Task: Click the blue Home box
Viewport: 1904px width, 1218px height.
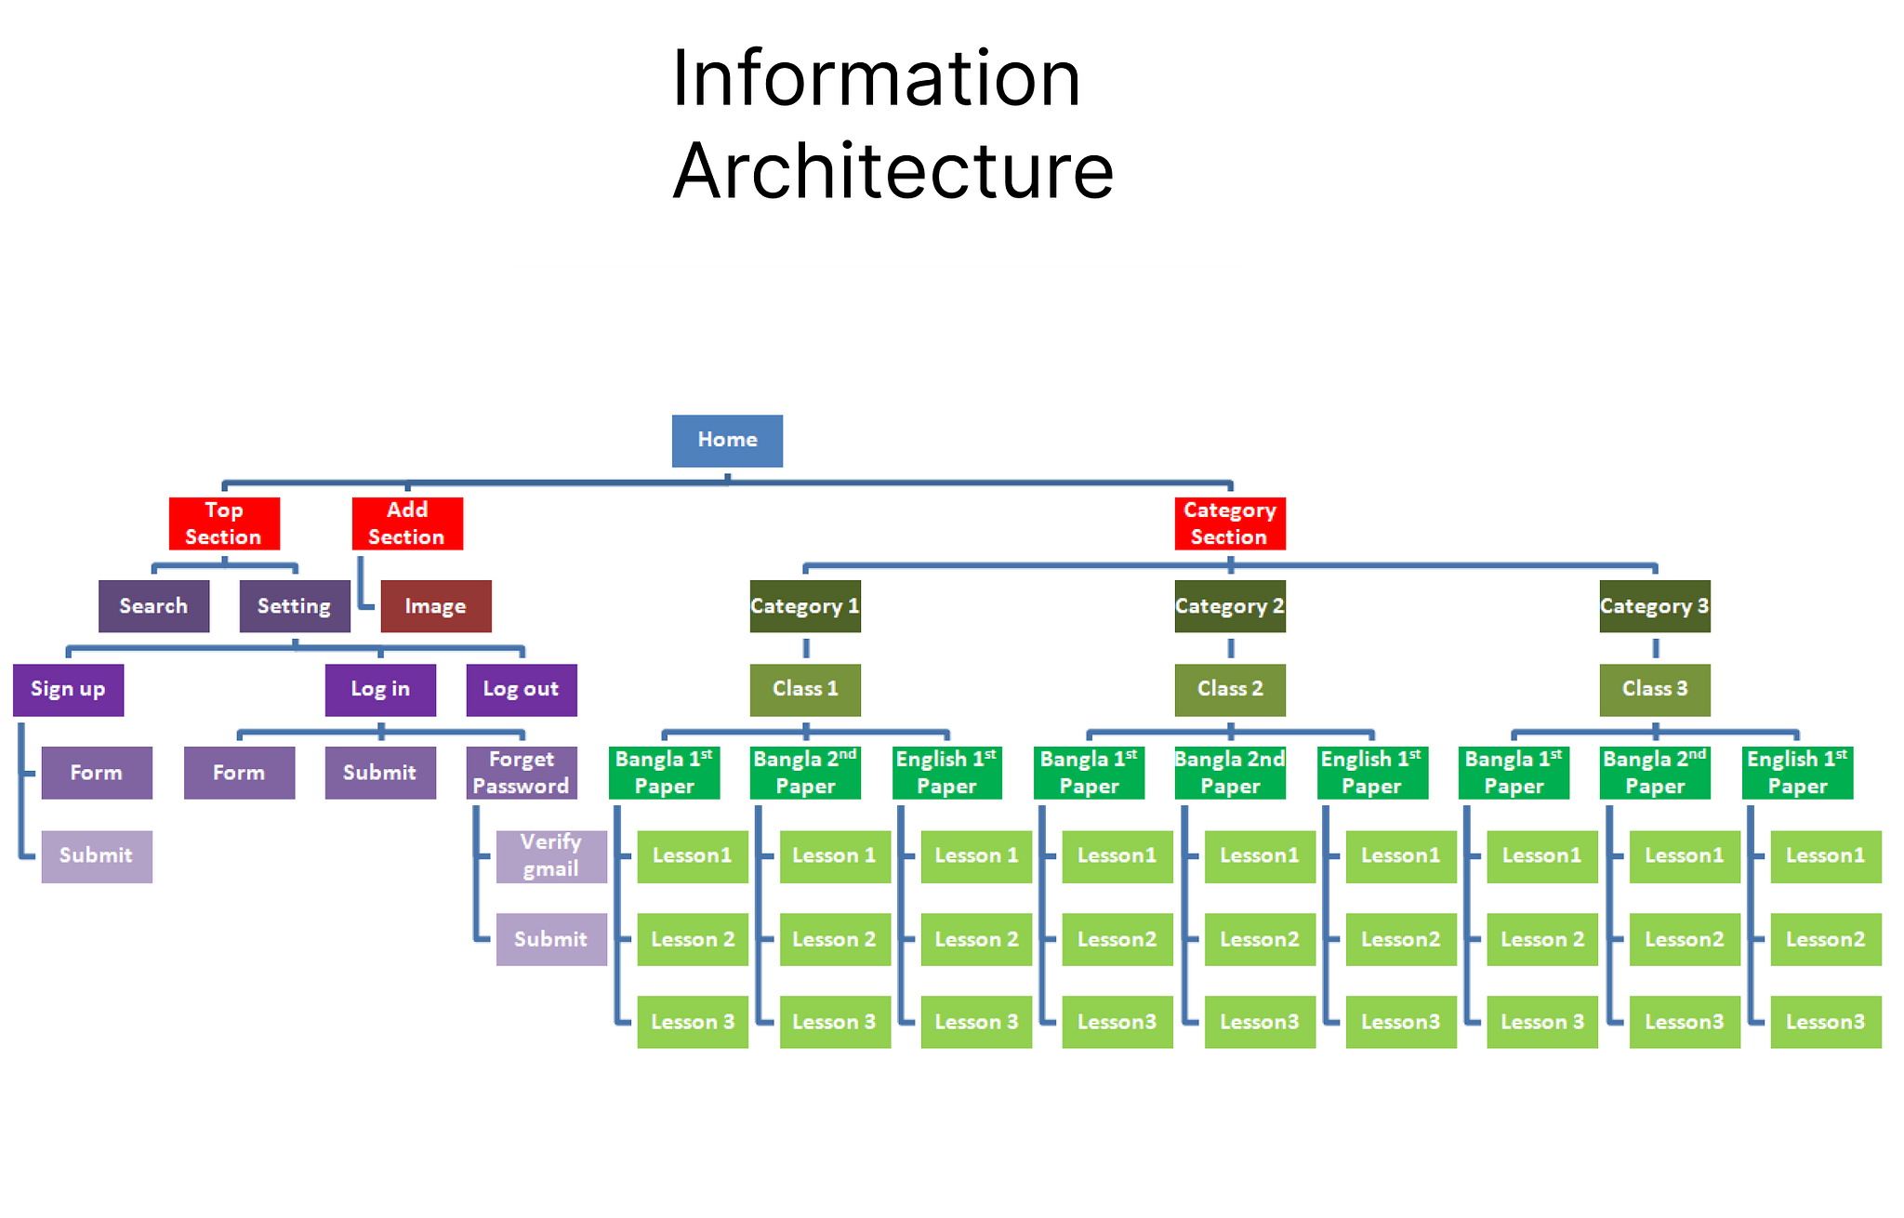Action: (x=727, y=441)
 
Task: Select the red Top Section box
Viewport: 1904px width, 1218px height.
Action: (x=224, y=523)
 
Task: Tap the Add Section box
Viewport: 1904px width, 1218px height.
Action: (x=407, y=523)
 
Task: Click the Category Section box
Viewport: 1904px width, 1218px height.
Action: (x=1229, y=523)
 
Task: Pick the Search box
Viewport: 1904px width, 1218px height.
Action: (x=153, y=606)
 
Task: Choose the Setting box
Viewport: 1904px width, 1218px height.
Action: (x=295, y=606)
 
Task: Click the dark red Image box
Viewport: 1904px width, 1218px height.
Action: (x=435, y=606)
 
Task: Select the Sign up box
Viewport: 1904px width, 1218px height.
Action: (x=68, y=689)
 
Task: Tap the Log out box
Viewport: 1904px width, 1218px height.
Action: (x=521, y=689)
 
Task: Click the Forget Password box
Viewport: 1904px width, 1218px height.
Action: (x=521, y=773)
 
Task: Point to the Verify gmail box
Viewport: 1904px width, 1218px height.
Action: (x=550, y=855)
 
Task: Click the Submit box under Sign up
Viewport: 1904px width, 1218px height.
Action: (x=97, y=855)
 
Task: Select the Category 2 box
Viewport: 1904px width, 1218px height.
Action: (x=1229, y=606)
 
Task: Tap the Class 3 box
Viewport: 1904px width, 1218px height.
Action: (x=1654, y=689)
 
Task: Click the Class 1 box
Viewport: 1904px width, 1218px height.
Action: (x=805, y=689)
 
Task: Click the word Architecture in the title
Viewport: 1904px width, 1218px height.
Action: (x=892, y=171)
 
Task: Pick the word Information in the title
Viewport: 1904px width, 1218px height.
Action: (x=876, y=78)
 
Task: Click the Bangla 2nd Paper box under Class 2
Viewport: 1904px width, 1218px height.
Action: (x=1229, y=773)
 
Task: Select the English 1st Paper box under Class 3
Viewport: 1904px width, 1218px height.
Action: (x=1796, y=773)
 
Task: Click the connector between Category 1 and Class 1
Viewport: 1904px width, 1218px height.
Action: (x=806, y=648)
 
